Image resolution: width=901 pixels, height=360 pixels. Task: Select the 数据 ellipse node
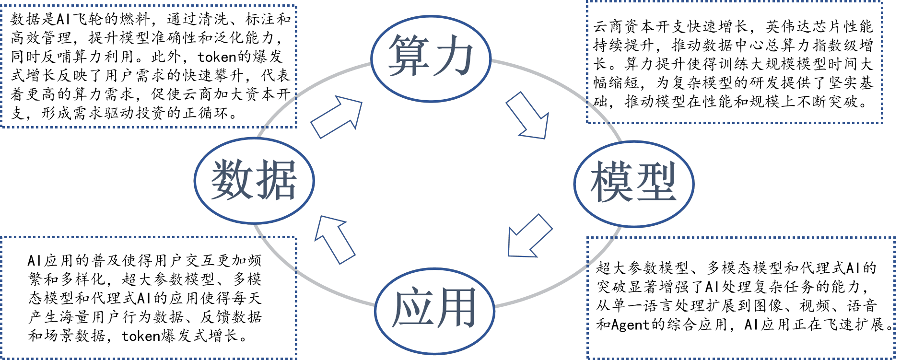(x=254, y=181)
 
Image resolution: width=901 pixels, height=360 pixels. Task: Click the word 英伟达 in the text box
(x=788, y=26)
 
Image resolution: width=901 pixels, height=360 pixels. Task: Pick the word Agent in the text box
(x=630, y=325)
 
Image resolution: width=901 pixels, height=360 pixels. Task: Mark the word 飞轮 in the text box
(x=88, y=19)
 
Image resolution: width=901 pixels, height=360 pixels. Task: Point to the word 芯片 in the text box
(x=827, y=26)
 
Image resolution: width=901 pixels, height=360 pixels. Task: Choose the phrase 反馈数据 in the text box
(x=231, y=317)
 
